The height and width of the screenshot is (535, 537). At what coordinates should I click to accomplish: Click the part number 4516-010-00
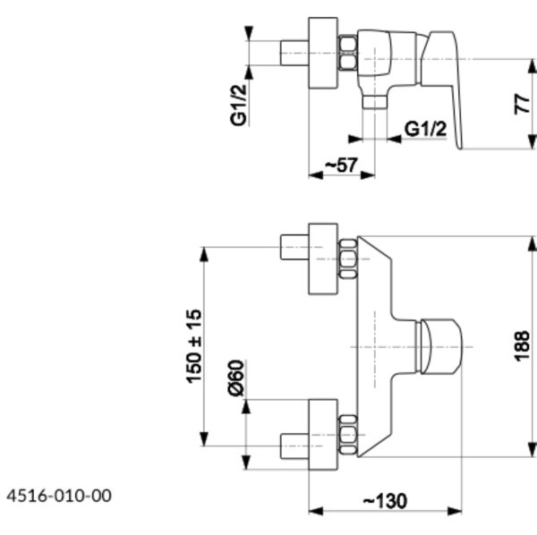[59, 496]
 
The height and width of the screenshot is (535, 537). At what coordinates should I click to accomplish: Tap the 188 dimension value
[522, 346]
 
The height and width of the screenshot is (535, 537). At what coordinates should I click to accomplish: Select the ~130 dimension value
[385, 502]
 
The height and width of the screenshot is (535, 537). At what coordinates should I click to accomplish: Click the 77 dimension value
[522, 104]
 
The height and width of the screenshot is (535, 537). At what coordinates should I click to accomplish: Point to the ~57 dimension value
[341, 166]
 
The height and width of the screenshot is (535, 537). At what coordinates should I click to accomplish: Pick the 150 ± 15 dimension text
[194, 346]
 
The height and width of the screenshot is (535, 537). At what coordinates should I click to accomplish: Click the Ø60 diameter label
[236, 378]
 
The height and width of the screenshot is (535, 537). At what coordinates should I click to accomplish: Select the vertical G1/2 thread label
[238, 105]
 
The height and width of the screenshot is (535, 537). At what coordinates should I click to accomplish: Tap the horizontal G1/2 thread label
[425, 129]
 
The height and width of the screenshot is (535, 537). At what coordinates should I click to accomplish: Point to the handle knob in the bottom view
[439, 346]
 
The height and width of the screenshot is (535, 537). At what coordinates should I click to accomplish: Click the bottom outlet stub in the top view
[374, 102]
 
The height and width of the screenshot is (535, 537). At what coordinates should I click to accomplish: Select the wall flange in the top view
[323, 53]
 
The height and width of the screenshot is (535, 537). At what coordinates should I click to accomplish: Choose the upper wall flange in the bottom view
[323, 259]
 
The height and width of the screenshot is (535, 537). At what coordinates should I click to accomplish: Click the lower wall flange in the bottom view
[323, 435]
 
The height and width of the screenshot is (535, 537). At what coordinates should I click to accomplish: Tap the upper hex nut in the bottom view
[347, 259]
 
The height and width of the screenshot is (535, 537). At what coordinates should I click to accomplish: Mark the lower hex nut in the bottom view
[347, 435]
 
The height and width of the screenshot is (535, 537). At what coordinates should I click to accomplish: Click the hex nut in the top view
[347, 53]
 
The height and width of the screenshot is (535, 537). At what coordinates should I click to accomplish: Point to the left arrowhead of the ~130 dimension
[316, 512]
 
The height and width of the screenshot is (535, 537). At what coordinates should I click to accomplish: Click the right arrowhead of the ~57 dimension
[368, 175]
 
